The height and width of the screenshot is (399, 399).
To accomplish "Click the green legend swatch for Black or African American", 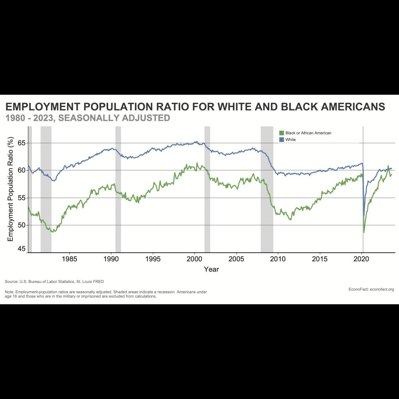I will [x=281, y=133].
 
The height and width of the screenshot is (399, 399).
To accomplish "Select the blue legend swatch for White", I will [x=281, y=140].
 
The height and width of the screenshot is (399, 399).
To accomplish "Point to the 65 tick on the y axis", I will [x=22, y=143].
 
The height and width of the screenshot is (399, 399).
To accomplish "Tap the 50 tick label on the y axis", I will [x=22, y=225].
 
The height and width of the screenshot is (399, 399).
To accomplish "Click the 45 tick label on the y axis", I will [x=22, y=249].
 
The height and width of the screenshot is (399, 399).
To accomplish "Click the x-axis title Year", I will [x=211, y=269].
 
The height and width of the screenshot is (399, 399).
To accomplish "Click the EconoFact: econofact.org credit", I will [x=371, y=289].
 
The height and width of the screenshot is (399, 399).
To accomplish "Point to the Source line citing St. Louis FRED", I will [x=54, y=282].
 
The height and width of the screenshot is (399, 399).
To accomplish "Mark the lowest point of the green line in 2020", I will [x=364, y=233].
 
